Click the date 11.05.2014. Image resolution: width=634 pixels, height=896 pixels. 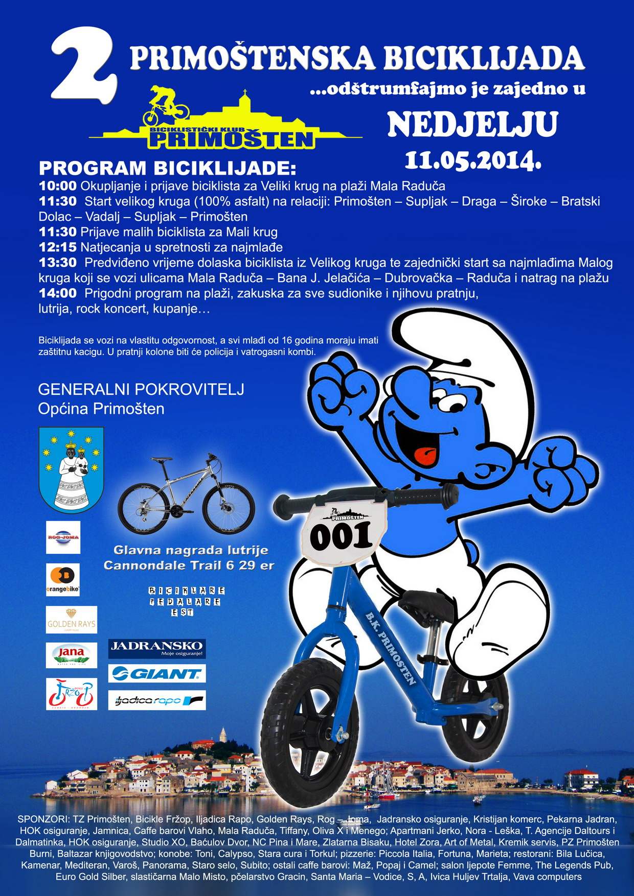tap(473, 159)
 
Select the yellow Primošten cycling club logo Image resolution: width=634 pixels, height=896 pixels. tap(225, 120)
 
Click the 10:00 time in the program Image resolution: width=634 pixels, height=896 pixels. tap(57, 185)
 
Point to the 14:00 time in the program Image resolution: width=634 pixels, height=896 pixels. tap(57, 293)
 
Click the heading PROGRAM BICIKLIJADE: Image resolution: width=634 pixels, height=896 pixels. tap(167, 168)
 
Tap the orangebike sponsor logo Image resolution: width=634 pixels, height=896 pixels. tap(63, 579)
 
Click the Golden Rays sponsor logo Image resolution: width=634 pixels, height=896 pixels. tap(71, 620)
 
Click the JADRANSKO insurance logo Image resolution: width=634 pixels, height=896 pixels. tap(157, 648)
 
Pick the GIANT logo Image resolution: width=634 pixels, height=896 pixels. tap(157, 674)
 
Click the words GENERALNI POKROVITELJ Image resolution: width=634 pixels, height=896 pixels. tap(141, 389)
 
